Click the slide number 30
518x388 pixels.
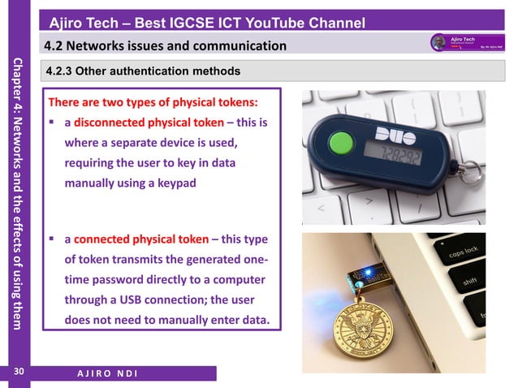pos(16,373)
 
